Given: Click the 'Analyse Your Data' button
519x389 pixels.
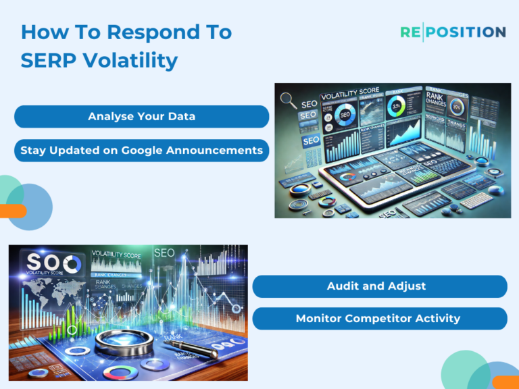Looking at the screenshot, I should [x=141, y=117].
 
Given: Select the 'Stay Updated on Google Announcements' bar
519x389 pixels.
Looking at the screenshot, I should [x=141, y=151].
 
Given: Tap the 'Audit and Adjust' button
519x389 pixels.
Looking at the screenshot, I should [x=379, y=286].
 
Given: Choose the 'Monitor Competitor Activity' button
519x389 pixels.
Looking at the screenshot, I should [x=379, y=319].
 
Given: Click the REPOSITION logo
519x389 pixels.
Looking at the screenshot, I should [x=452, y=32].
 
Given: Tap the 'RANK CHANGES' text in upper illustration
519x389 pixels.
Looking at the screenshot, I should [x=442, y=105].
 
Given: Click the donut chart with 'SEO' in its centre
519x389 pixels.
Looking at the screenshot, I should [x=345, y=115].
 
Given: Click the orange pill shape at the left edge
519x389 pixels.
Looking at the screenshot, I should [x=12, y=211].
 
